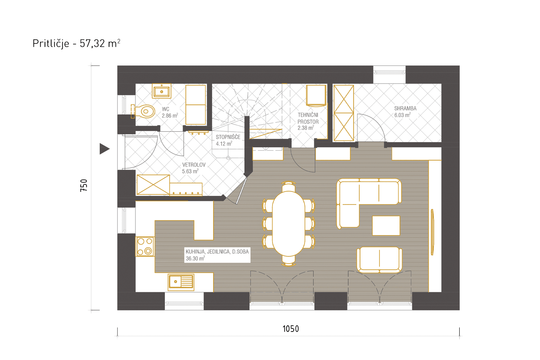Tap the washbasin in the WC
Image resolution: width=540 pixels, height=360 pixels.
162,91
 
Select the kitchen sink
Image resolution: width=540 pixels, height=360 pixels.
181,282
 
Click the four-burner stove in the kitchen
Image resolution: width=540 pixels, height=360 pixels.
145,247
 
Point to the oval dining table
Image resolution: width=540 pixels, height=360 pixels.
289,224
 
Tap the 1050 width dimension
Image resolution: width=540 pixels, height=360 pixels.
291,329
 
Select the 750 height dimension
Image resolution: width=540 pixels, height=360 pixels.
84,185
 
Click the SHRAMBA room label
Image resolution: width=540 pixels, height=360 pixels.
405,108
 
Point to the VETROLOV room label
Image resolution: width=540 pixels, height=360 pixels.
194,165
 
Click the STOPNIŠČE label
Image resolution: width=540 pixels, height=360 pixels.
228,137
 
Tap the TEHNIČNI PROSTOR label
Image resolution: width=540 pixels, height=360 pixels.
308,118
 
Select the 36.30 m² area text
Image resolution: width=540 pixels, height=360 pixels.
195,258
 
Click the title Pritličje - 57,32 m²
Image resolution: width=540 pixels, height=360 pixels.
76,44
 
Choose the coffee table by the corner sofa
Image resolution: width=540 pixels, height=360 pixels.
386,226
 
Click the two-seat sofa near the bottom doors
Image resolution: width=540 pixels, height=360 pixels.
379,260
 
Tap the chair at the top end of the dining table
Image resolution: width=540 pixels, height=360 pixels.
289,186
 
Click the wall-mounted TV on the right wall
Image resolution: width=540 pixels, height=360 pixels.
432,232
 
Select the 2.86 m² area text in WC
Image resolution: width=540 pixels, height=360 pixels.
170,116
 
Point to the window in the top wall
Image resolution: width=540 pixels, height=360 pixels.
389,72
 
